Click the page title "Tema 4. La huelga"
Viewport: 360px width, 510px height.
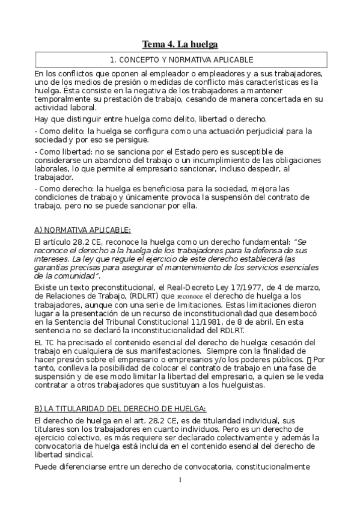tap(180, 45)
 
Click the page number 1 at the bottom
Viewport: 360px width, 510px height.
tap(180, 479)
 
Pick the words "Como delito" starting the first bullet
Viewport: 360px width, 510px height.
tap(61, 131)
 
